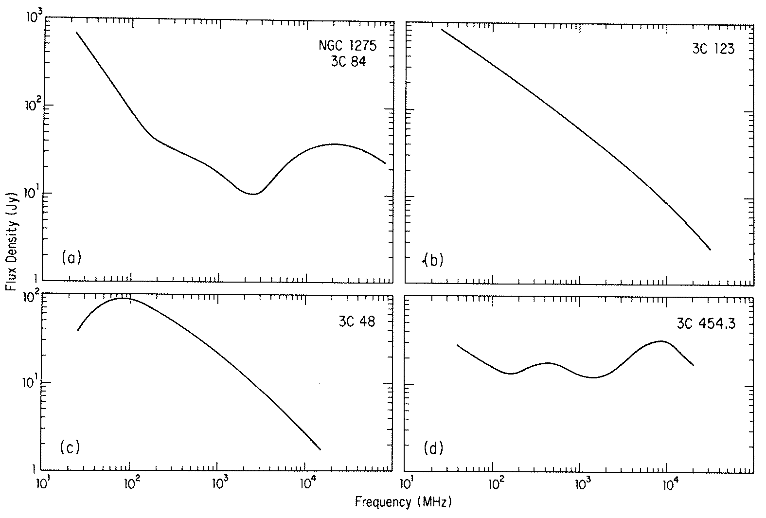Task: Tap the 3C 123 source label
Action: coord(713,50)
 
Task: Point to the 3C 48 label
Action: coord(357,322)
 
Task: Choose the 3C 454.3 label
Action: coord(705,324)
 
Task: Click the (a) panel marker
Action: coord(71,258)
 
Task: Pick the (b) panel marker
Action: coord(433,261)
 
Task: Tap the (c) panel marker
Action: coord(70,447)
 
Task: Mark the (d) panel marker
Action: coord(433,447)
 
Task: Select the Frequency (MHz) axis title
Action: coord(403,502)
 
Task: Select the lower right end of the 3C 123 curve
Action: coord(711,250)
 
